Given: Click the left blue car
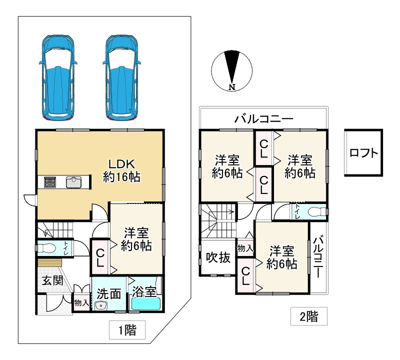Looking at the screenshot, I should click(x=58, y=77).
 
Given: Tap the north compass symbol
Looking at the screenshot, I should click(x=231, y=70).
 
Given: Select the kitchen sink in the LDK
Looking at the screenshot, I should click(x=73, y=182).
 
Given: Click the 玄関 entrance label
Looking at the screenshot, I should click(x=52, y=279).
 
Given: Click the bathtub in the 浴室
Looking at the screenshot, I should click(x=145, y=303).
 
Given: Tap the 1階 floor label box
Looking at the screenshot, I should click(x=127, y=330).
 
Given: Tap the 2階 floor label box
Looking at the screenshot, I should click(x=309, y=316).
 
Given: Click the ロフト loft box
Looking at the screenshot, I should click(x=363, y=152).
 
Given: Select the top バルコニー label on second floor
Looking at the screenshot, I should click(x=263, y=119).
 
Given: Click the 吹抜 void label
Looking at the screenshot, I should click(x=218, y=257).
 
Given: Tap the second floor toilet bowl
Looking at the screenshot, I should click(x=314, y=211).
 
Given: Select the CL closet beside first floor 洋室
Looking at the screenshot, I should click(x=100, y=257).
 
